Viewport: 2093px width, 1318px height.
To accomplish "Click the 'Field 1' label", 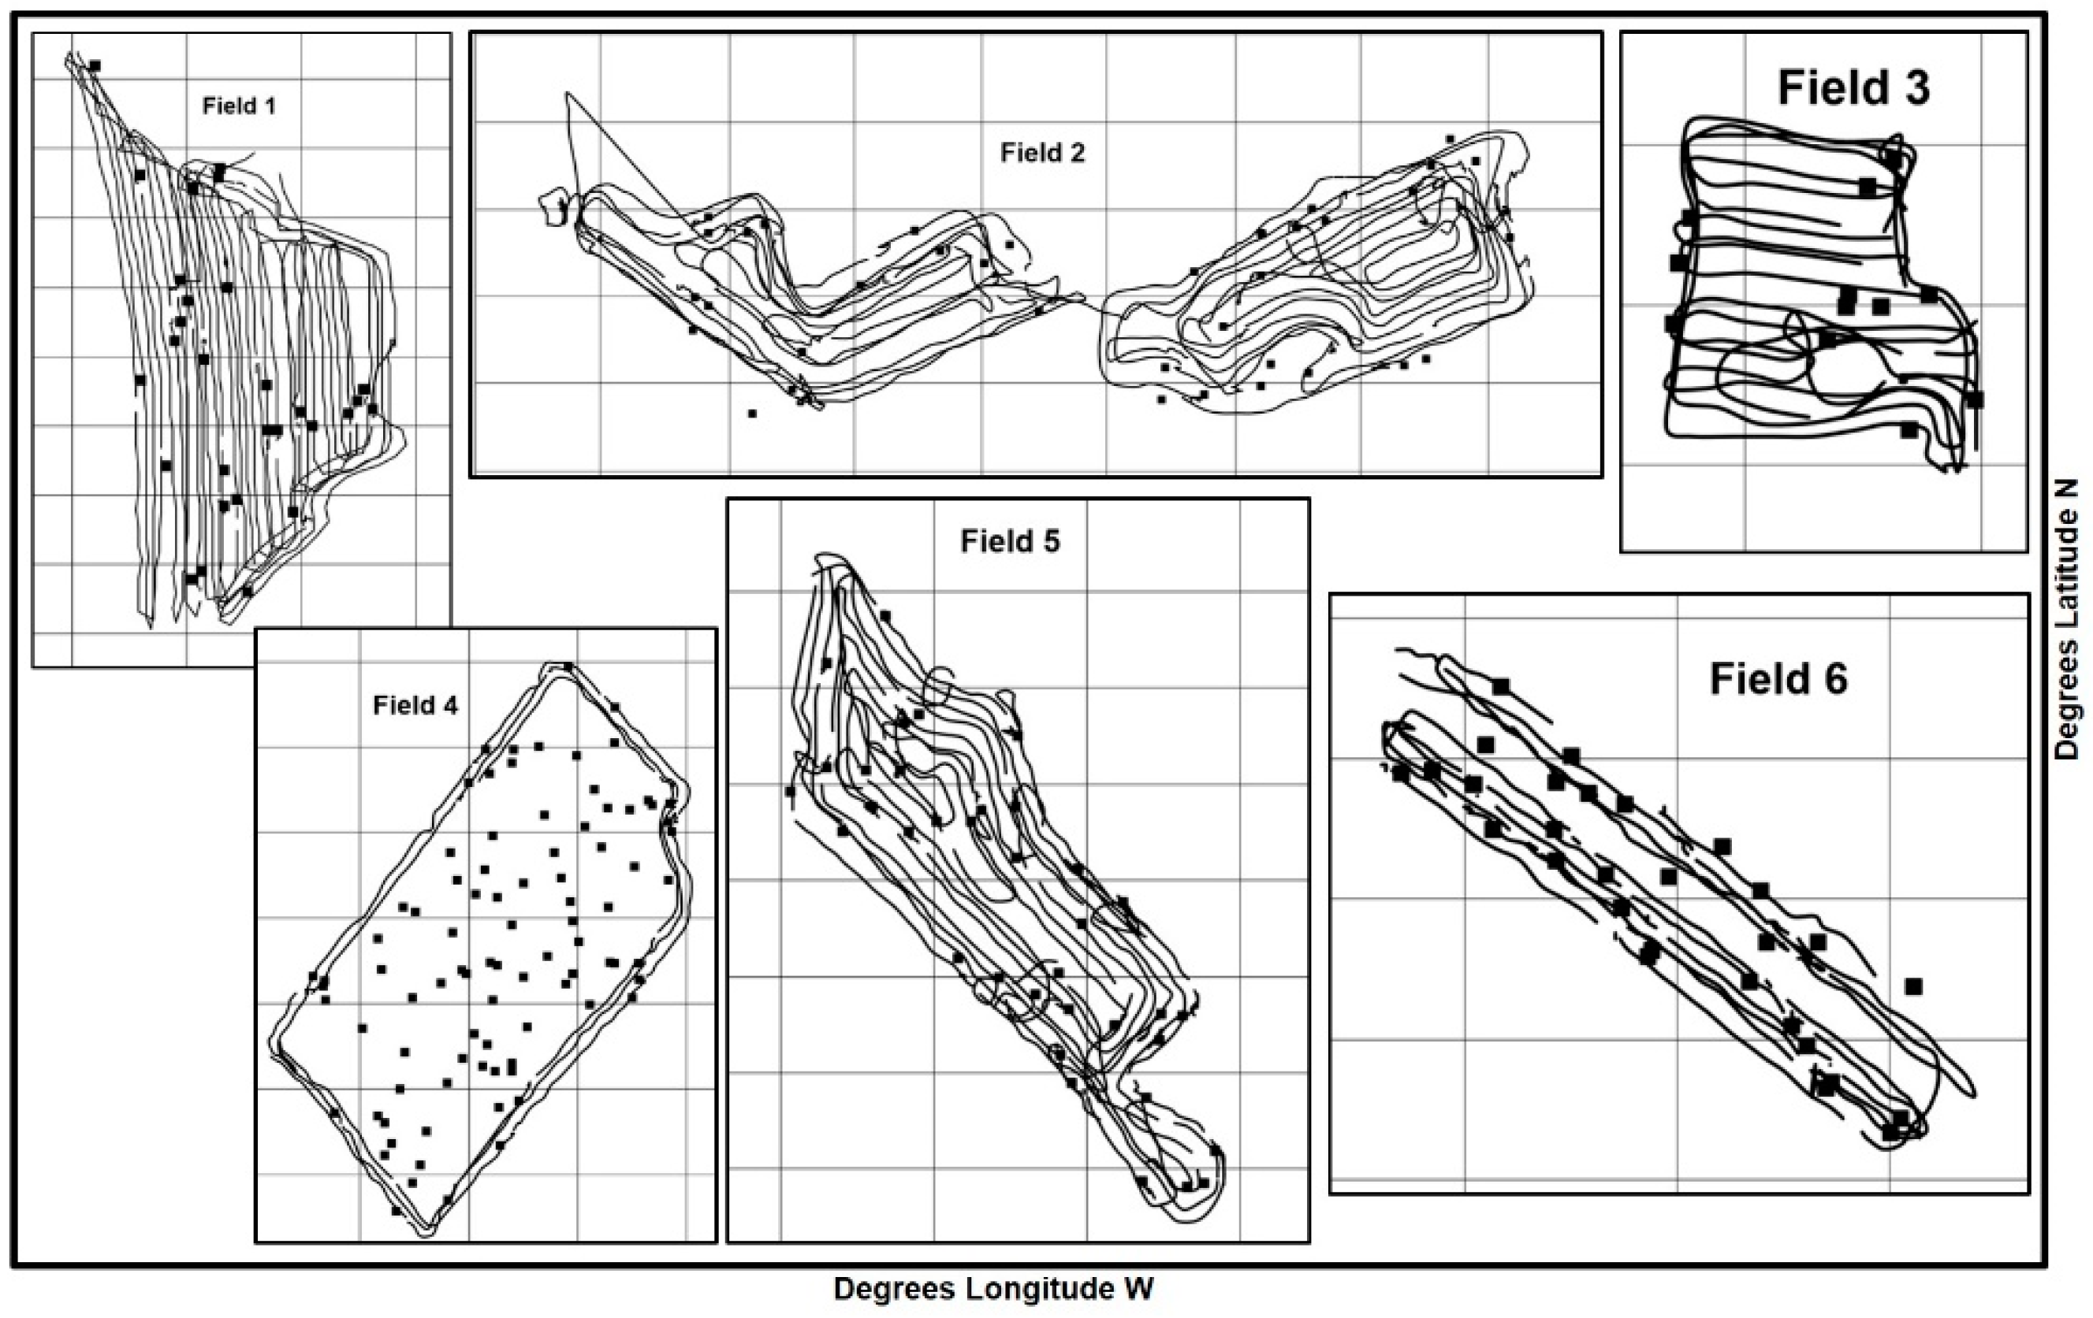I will (239, 106).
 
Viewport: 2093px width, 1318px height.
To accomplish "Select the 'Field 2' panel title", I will (1042, 153).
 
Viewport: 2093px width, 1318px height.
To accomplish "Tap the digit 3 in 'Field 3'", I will (1915, 87).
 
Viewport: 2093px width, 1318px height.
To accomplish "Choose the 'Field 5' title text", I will (1009, 541).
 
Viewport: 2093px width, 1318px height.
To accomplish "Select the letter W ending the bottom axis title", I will (1138, 1289).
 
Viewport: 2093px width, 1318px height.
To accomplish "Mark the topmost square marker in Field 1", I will (95, 65).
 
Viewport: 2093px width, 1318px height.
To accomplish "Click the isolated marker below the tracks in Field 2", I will (752, 414).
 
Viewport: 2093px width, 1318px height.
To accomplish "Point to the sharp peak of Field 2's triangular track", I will (567, 93).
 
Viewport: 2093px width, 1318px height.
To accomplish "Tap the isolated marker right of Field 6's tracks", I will (1913, 986).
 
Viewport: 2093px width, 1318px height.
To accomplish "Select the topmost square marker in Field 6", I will (1501, 687).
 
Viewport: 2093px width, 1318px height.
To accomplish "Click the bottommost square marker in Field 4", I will (397, 1210).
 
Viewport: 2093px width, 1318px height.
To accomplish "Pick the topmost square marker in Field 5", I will (884, 615).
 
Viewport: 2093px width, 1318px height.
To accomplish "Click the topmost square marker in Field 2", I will (1450, 139).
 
